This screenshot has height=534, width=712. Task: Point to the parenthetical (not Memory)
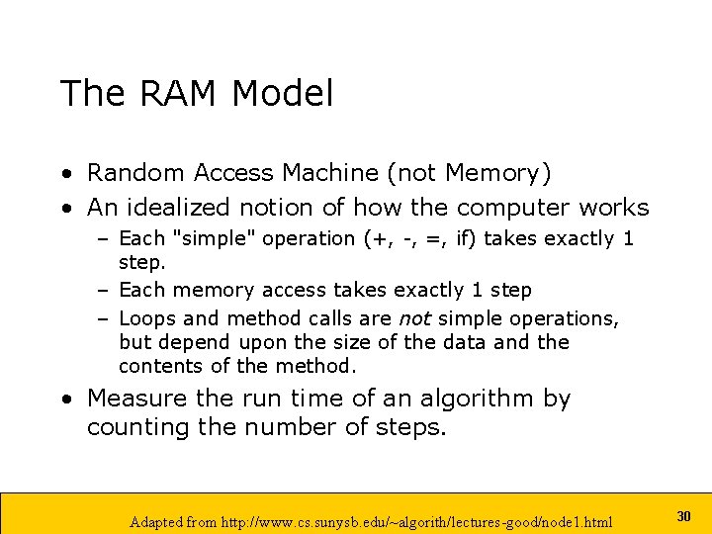tap(469, 173)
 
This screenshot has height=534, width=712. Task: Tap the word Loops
tap(147, 318)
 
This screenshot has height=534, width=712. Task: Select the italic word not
tap(413, 318)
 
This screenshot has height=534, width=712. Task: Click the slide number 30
tap(683, 516)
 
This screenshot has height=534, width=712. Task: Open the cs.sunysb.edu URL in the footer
tap(433, 521)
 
